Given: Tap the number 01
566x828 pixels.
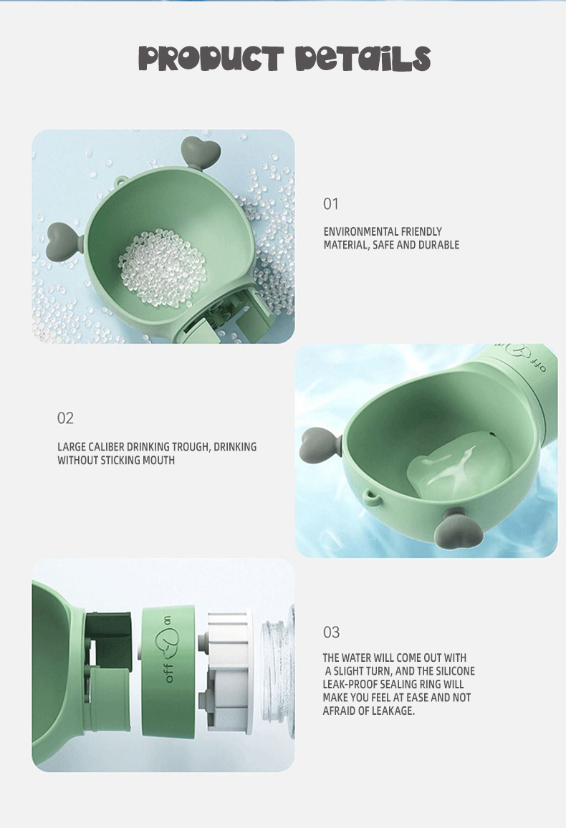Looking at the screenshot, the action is [x=330, y=204].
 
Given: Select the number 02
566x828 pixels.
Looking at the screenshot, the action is [x=65, y=418].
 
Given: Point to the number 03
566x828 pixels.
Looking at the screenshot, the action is [x=331, y=632].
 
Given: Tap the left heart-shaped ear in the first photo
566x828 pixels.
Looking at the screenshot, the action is [x=64, y=241].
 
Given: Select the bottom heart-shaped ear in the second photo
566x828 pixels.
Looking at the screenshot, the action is [x=460, y=529].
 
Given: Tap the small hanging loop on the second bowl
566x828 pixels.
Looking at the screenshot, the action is [x=373, y=496].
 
